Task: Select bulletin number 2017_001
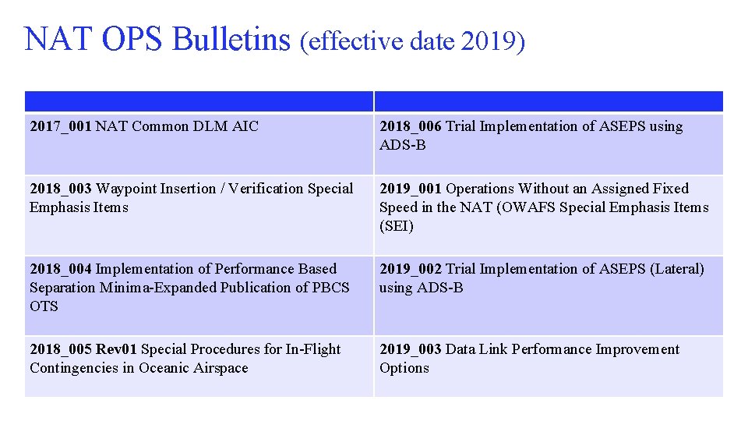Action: (x=61, y=126)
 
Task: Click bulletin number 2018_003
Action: (x=61, y=189)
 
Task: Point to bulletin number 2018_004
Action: (x=61, y=269)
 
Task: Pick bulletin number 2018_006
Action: (x=411, y=126)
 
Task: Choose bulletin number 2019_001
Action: (x=411, y=189)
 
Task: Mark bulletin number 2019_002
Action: (x=411, y=269)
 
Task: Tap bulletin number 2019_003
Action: (x=411, y=349)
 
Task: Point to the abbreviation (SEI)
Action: (x=397, y=226)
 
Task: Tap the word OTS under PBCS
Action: (x=44, y=306)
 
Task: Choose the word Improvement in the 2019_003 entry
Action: (x=637, y=349)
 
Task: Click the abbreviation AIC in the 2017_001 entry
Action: (x=245, y=126)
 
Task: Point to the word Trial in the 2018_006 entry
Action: (x=460, y=126)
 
